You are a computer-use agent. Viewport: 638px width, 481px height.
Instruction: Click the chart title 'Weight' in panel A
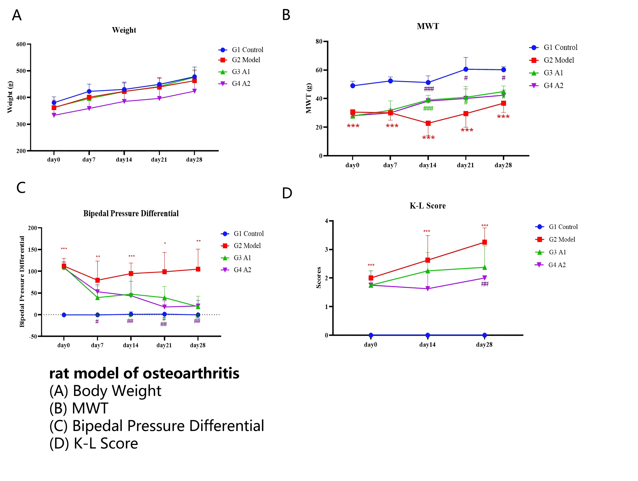[x=124, y=30]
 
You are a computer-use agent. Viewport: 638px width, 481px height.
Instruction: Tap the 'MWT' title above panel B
[x=428, y=26]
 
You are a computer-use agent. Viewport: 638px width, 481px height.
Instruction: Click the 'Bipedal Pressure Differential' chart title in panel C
[x=131, y=214]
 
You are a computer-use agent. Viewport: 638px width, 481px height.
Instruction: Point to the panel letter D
[x=287, y=193]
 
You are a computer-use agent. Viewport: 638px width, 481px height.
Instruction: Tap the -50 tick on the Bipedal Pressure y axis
[x=33, y=336]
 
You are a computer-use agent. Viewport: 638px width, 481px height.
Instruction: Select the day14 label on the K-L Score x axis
[x=427, y=345]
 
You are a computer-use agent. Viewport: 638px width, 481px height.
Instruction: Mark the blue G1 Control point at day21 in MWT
[x=466, y=69]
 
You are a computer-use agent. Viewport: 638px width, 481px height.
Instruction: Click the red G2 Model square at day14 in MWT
[x=428, y=123]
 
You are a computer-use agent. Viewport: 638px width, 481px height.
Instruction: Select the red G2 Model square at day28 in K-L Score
[x=485, y=242]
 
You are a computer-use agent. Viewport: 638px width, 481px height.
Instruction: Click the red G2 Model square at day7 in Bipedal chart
[x=97, y=280]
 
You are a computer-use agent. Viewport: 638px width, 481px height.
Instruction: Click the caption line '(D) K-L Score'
[x=94, y=443]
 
